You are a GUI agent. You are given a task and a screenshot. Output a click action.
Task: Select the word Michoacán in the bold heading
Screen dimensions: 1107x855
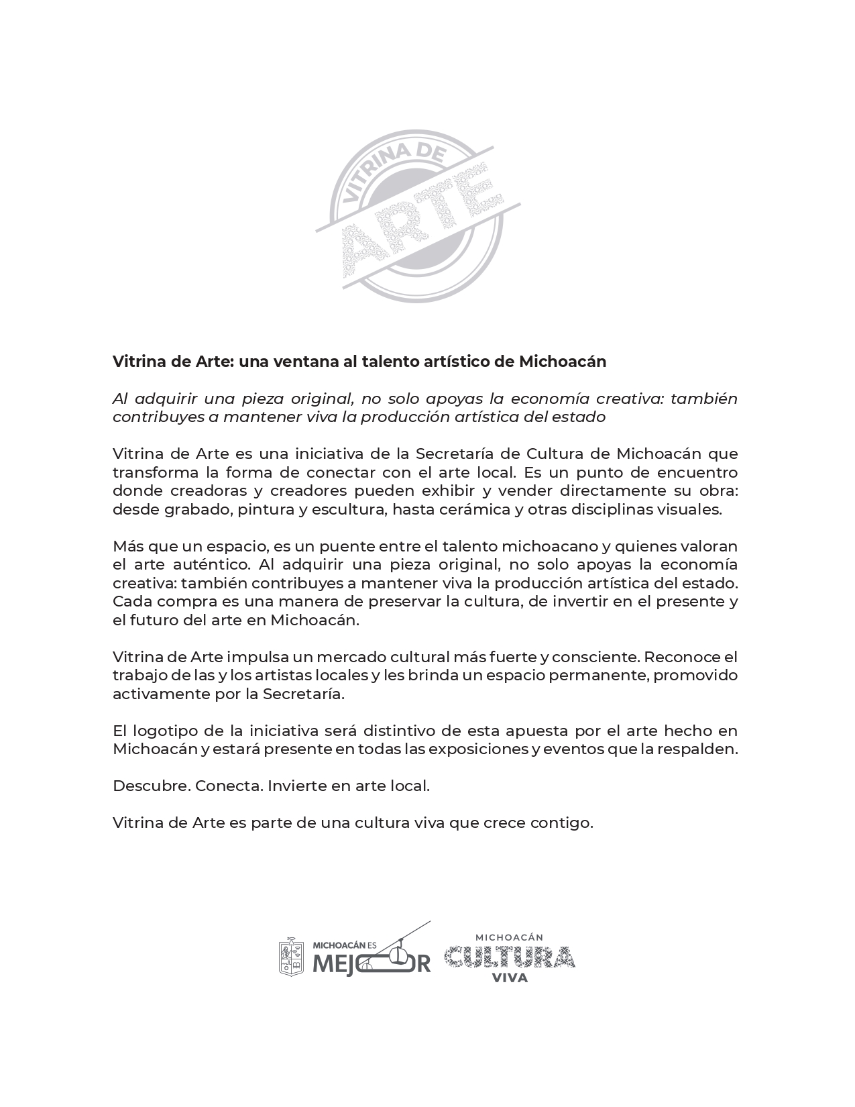coord(563,362)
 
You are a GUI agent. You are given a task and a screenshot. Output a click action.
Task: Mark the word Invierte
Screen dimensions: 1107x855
coord(293,786)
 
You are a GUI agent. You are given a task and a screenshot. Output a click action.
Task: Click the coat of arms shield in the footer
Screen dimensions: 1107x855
coord(291,956)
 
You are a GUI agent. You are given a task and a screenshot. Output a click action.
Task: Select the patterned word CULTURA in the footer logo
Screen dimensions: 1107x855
coord(509,957)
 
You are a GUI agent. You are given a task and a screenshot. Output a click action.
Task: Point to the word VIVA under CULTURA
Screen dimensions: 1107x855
coord(510,978)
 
